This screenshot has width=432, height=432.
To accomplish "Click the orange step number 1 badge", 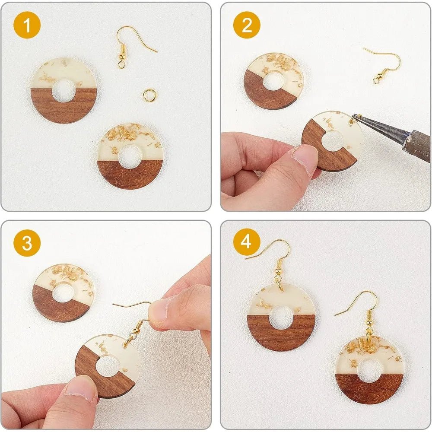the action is point(27,25).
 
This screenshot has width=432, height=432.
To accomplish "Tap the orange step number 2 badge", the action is point(247,25).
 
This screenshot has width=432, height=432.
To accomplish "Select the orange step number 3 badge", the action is point(27,243).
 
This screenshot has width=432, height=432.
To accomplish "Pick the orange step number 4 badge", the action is point(247,242).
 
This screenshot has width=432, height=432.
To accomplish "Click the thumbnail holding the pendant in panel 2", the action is point(304,159).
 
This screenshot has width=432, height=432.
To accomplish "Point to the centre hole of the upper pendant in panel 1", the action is point(64,90).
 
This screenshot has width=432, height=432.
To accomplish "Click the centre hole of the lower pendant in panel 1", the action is point(130,156).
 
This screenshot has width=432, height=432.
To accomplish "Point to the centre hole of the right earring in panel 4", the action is point(368,371).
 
